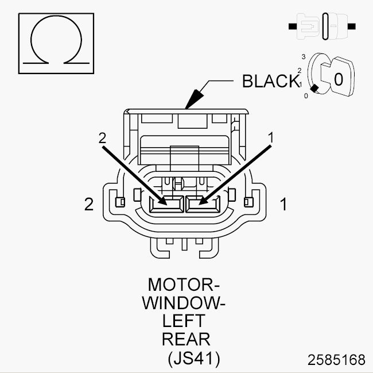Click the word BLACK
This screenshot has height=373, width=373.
coord(271,81)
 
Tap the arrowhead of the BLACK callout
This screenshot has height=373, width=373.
coord(194,99)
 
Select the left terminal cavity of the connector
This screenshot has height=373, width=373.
coord(166,205)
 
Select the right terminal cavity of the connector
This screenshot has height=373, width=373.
coord(203,205)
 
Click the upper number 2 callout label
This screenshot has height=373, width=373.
coord(102,138)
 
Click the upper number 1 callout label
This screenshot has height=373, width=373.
coord(271,138)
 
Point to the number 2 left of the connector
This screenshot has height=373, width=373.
coord(89,205)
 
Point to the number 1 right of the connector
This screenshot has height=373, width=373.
coord(283,205)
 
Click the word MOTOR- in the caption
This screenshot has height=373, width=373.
coord(184,284)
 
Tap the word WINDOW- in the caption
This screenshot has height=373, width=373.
coord(184,303)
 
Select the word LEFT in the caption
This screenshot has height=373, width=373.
coord(184,321)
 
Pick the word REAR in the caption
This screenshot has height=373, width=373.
coord(186,339)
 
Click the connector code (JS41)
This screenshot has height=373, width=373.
coord(194,358)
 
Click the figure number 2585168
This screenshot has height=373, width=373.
coord(336,360)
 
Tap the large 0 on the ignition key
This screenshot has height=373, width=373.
coord(339,79)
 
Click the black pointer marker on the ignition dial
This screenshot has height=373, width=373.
coord(314,89)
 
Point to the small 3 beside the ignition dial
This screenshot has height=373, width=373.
coord(304,57)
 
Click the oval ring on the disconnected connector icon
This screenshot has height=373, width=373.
coord(325,26)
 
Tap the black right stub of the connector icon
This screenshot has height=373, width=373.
coord(352,26)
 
